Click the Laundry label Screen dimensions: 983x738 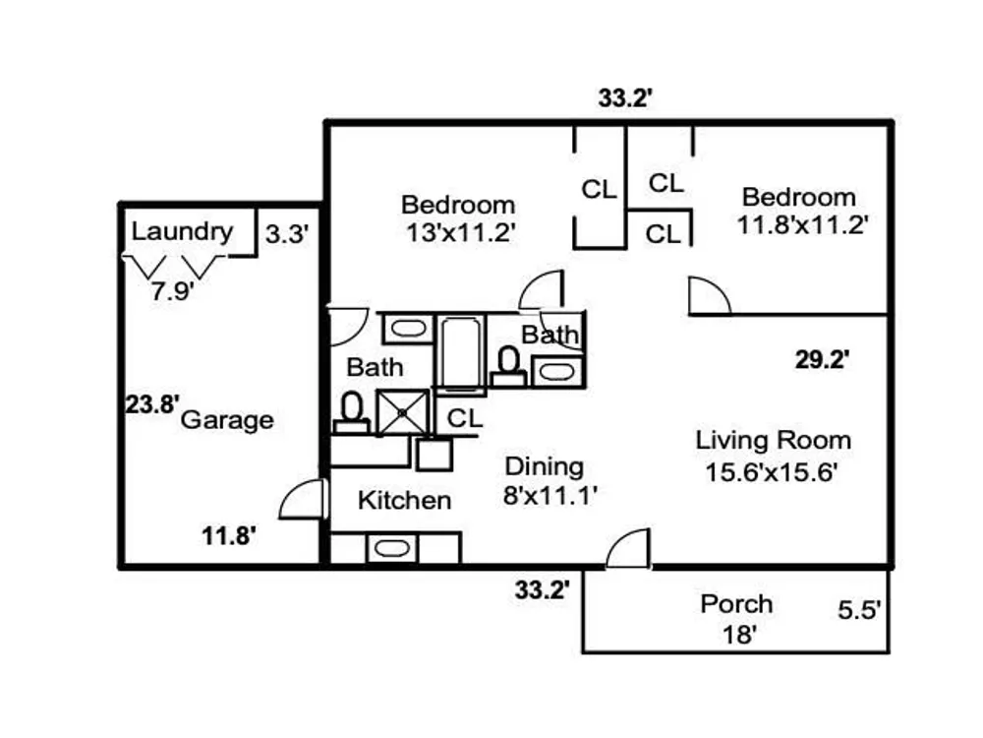click(x=182, y=232)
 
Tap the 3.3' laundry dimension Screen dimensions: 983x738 click(x=286, y=234)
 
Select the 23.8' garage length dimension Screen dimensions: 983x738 click(x=152, y=404)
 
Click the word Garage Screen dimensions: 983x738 click(x=227, y=420)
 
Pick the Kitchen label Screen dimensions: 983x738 click(x=404, y=500)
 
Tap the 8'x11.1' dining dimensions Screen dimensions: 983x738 click(x=549, y=496)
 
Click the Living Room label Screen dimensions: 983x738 click(x=773, y=440)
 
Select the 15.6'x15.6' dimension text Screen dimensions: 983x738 click(x=771, y=472)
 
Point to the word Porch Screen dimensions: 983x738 click(x=736, y=604)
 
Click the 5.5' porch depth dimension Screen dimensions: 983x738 click(x=859, y=610)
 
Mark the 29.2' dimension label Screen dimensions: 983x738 click(x=822, y=359)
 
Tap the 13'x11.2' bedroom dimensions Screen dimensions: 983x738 click(x=460, y=233)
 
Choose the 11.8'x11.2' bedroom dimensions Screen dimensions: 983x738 click(x=802, y=224)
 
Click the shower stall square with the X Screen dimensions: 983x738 click(x=403, y=412)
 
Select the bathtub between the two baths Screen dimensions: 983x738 click(x=461, y=353)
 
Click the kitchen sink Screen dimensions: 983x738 click(x=392, y=548)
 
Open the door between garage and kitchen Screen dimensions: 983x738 click(x=305, y=499)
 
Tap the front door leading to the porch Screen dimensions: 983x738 click(x=629, y=548)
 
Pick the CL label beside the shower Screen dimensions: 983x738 click(x=465, y=418)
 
